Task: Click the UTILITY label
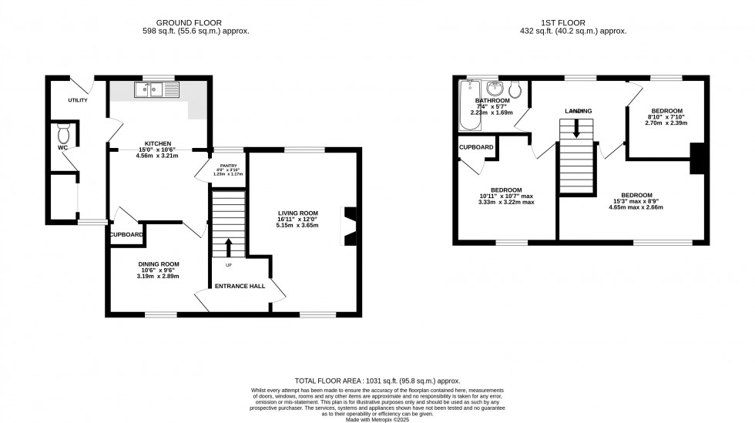78,100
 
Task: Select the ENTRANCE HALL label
240,286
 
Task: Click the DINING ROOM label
159,264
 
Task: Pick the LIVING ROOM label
297,213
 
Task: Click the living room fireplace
351,227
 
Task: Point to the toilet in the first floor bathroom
517,91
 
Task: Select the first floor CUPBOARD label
476,146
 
